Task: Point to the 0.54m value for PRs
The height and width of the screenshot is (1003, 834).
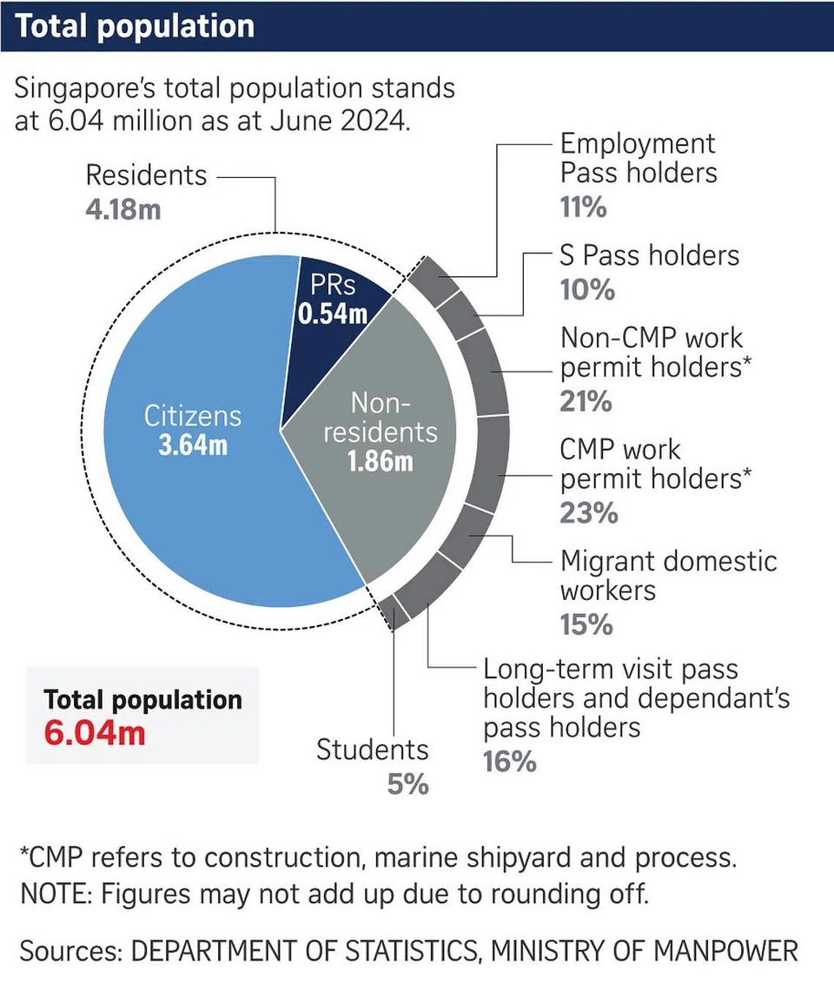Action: [x=333, y=313]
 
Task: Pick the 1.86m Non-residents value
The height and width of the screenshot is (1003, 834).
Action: [x=380, y=460]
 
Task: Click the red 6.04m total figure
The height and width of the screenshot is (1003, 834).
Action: [x=95, y=732]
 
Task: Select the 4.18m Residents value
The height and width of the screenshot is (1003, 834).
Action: [x=122, y=209]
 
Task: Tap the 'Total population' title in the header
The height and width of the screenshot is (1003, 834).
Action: [x=135, y=26]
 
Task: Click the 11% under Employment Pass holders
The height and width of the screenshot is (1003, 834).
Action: [x=583, y=208]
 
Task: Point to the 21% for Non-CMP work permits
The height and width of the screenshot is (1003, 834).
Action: [x=586, y=401]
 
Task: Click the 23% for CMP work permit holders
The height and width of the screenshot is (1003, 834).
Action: [x=588, y=512]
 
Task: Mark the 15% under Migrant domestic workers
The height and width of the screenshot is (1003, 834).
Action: [x=586, y=624]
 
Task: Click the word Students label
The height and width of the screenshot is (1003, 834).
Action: [x=373, y=750]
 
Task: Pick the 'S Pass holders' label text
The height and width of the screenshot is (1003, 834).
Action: [x=650, y=255]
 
